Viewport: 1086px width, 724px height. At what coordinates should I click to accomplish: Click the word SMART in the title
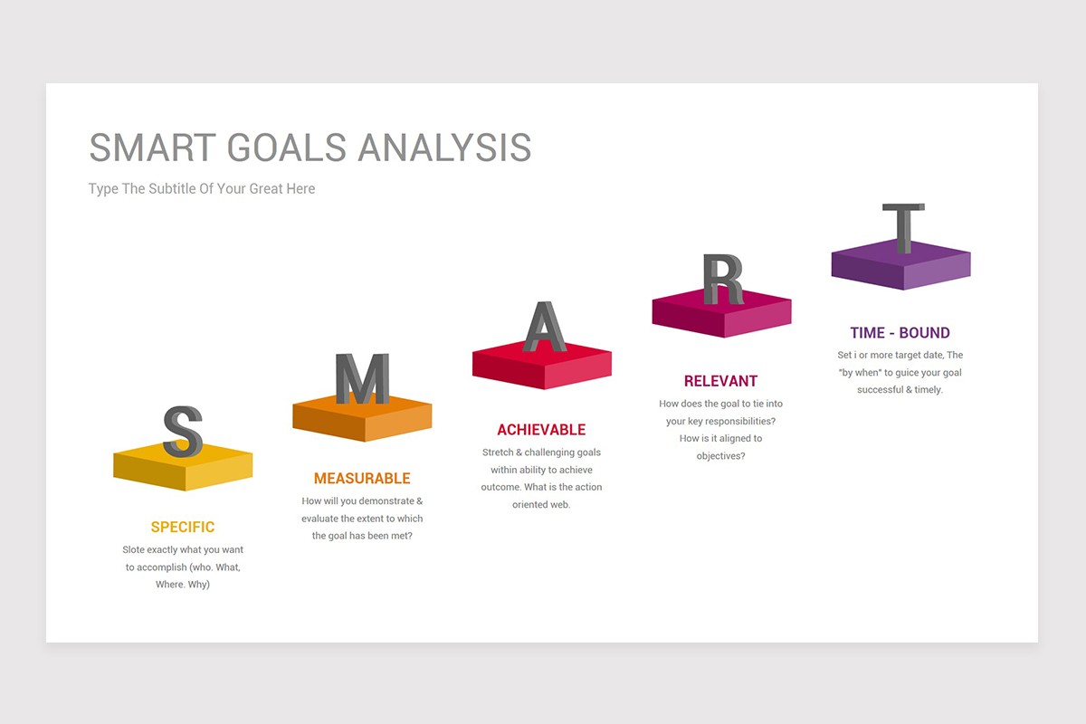153,148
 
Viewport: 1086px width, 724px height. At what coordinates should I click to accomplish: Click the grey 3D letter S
182,432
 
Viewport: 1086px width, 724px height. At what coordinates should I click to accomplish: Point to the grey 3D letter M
362,378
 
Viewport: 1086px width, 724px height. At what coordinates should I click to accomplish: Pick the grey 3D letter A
543,327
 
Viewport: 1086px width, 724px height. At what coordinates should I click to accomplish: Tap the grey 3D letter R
722,279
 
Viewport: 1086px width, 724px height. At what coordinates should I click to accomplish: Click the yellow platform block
183,470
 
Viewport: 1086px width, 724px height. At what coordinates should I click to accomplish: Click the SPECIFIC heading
183,527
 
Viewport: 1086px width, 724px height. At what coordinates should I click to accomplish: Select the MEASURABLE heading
362,478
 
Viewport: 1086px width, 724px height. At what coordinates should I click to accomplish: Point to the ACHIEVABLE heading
541,430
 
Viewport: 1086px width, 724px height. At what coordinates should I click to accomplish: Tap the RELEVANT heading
720,381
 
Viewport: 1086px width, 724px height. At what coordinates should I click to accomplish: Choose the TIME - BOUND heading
900,332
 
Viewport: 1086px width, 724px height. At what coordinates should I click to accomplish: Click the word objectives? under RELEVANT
720,455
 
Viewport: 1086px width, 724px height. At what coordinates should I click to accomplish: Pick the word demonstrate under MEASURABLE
386,500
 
